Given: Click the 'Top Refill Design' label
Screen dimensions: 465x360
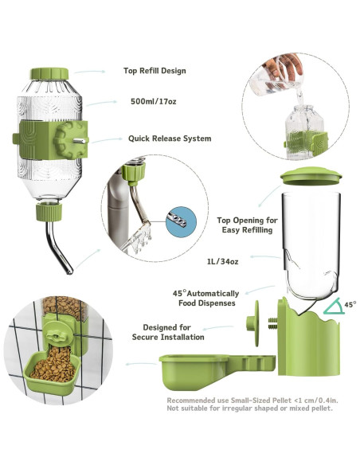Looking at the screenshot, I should point(154,71).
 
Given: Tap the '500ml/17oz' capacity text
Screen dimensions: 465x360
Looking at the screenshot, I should point(154,101).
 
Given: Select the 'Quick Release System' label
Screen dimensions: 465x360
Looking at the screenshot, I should point(170,138).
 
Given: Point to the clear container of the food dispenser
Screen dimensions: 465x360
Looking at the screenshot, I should point(311,239).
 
